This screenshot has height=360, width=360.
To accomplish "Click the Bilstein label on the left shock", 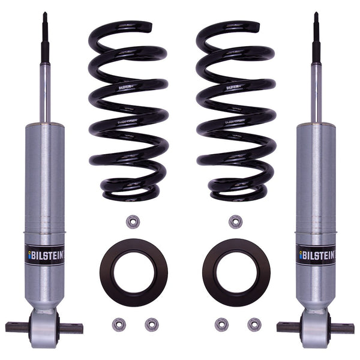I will point(45,254).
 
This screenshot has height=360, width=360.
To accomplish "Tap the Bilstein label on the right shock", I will point(316,254).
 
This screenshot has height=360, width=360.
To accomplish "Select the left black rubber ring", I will point(133,272).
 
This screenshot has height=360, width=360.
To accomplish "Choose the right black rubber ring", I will point(236,272).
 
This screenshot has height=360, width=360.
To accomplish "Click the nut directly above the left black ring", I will point(133,221).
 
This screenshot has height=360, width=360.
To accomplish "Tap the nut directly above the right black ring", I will point(235,221).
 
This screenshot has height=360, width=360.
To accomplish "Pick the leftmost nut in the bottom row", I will point(119,325).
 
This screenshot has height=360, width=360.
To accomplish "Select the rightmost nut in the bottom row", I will point(254,325).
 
